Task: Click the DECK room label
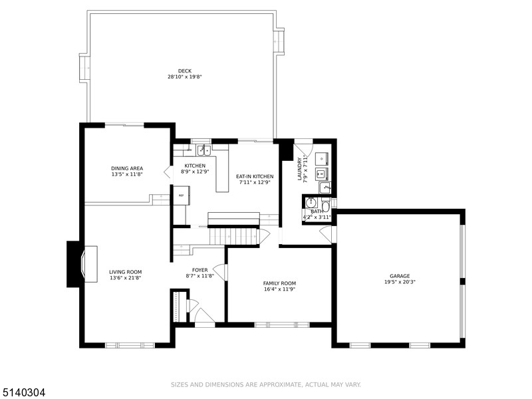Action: [184, 71]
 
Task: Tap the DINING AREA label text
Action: [126, 168]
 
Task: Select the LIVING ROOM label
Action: [125, 272]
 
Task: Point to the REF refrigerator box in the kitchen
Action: [181, 196]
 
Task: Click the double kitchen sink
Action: [203, 150]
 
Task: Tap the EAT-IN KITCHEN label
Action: [255, 176]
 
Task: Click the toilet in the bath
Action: [326, 205]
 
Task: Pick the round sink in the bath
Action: [311, 203]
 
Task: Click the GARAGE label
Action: [400, 276]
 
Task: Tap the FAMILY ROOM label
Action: [279, 283]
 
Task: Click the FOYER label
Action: [200, 270]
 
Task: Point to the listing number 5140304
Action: [23, 393]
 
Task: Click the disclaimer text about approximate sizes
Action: [265, 384]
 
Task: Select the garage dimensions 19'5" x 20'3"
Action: [400, 281]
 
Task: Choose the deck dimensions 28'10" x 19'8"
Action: [184, 76]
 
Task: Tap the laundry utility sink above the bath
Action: [324, 188]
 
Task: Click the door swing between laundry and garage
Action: [327, 234]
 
